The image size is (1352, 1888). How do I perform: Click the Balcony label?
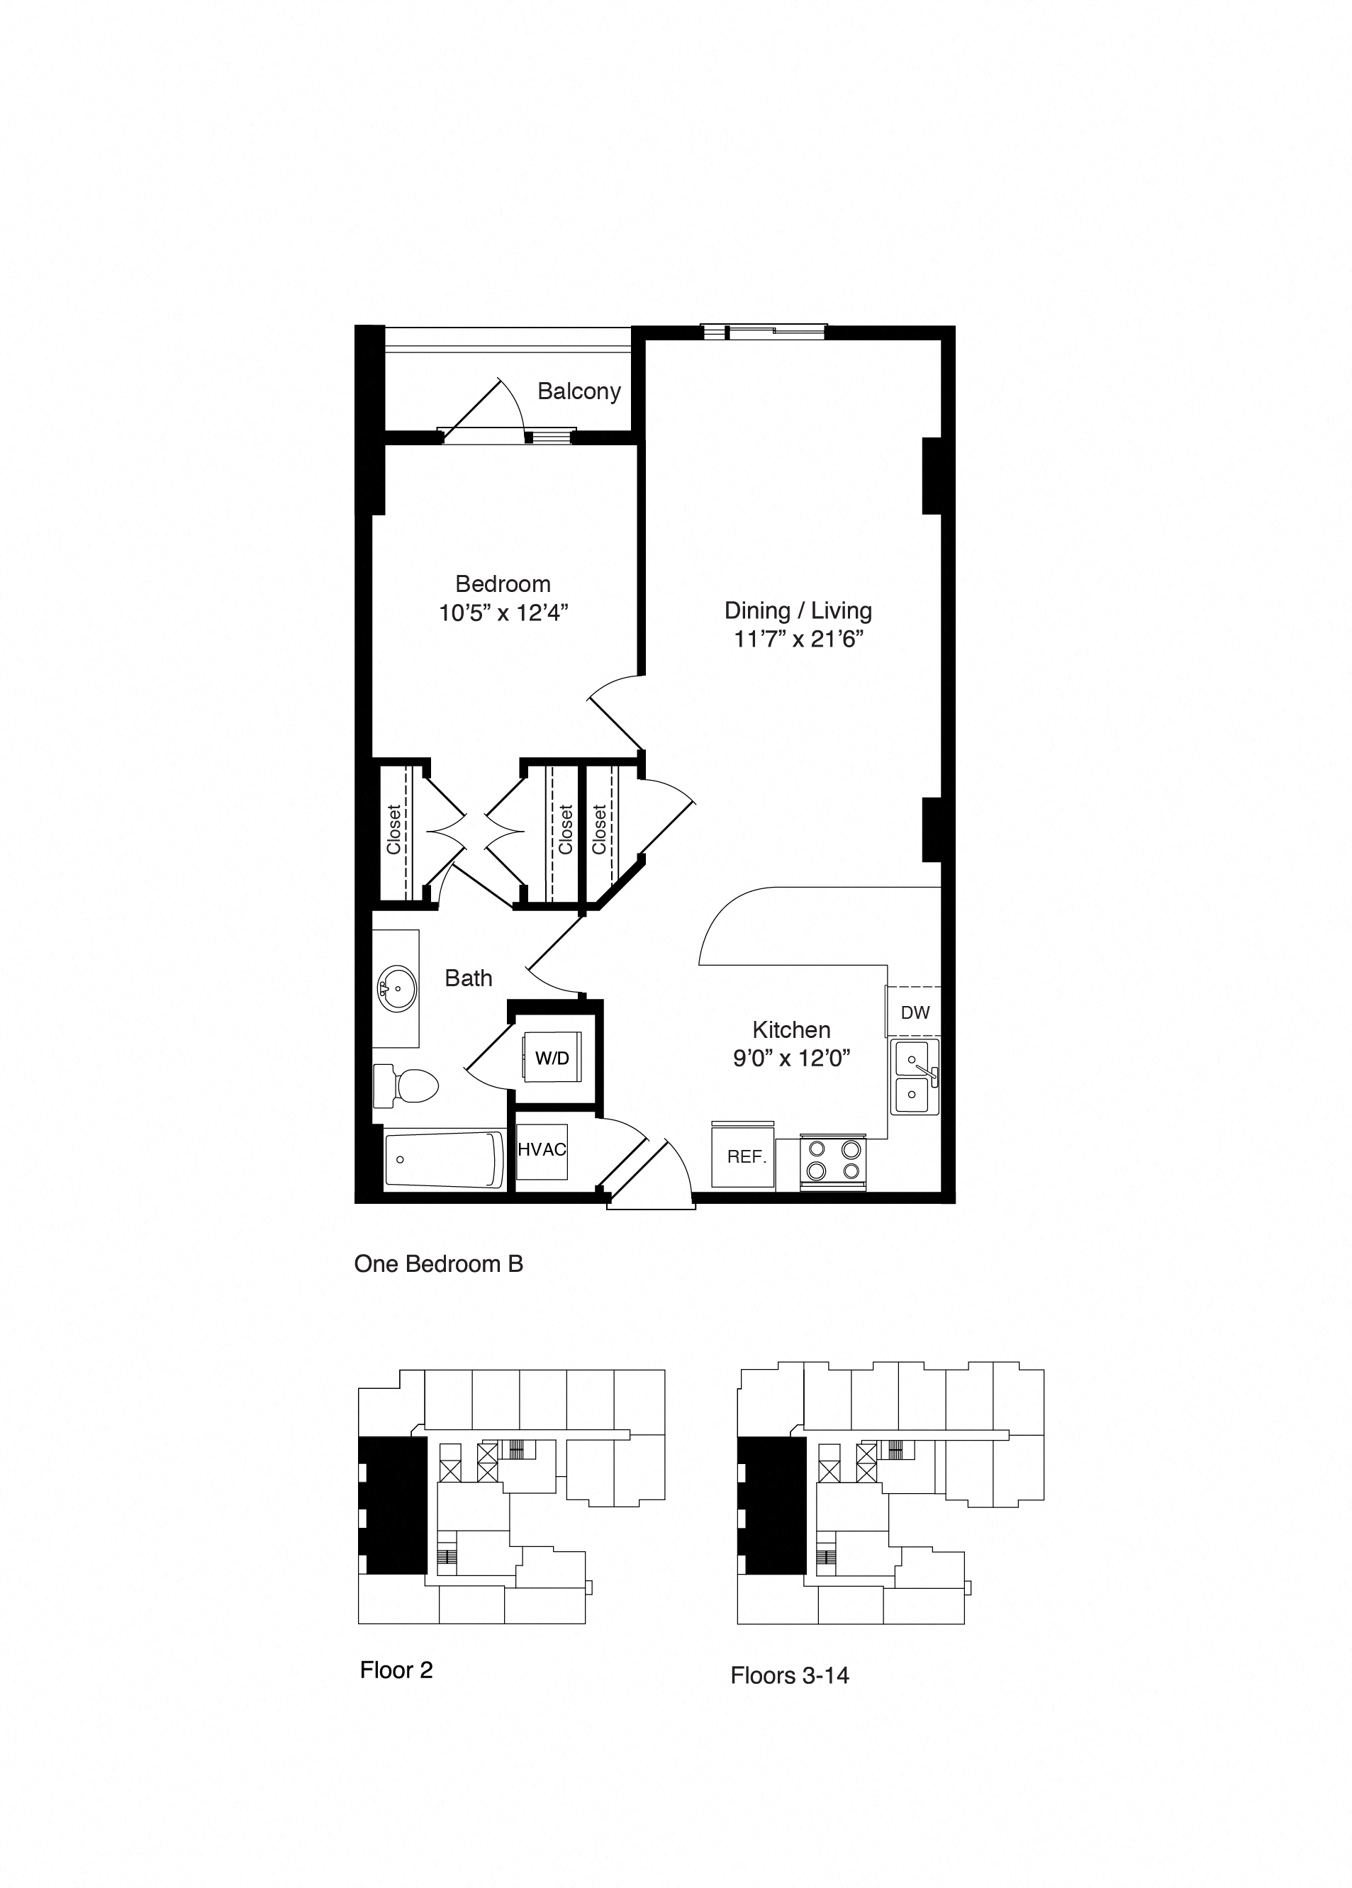(579, 391)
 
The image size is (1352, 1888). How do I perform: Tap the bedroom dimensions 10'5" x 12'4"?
(503, 613)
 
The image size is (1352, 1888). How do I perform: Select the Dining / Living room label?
(798, 610)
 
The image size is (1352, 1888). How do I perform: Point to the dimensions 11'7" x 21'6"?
(798, 639)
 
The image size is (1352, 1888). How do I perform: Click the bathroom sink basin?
(397, 989)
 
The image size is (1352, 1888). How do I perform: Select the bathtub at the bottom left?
(444, 1161)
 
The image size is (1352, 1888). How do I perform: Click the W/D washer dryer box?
(552, 1057)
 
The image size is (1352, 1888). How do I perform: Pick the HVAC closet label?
(542, 1150)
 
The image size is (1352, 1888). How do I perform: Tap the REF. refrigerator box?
(745, 1156)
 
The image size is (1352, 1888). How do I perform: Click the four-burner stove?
(832, 1161)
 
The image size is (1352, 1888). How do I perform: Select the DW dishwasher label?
(915, 1012)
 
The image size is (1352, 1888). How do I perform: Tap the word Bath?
(468, 978)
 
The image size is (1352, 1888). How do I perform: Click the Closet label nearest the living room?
(598, 829)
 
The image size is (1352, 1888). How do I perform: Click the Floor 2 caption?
(396, 1670)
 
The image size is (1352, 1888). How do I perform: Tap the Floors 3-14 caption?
(789, 1675)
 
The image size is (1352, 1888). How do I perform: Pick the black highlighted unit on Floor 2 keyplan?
(395, 1506)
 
